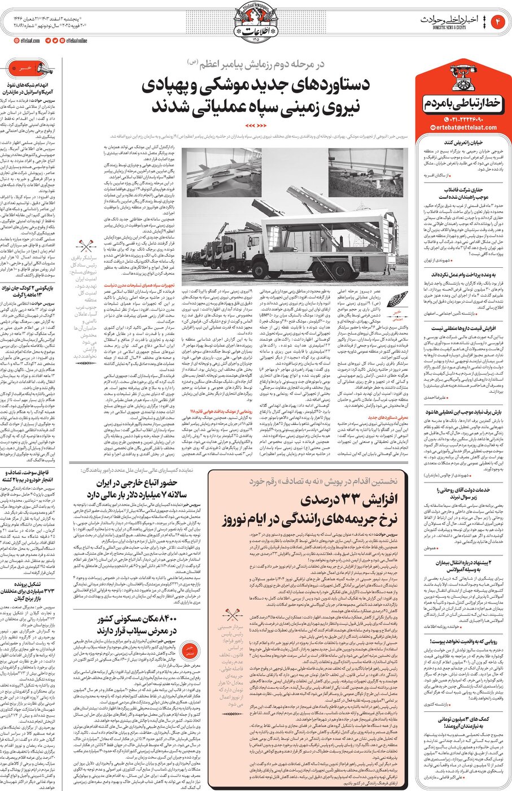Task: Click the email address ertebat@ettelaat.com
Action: [462, 128]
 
